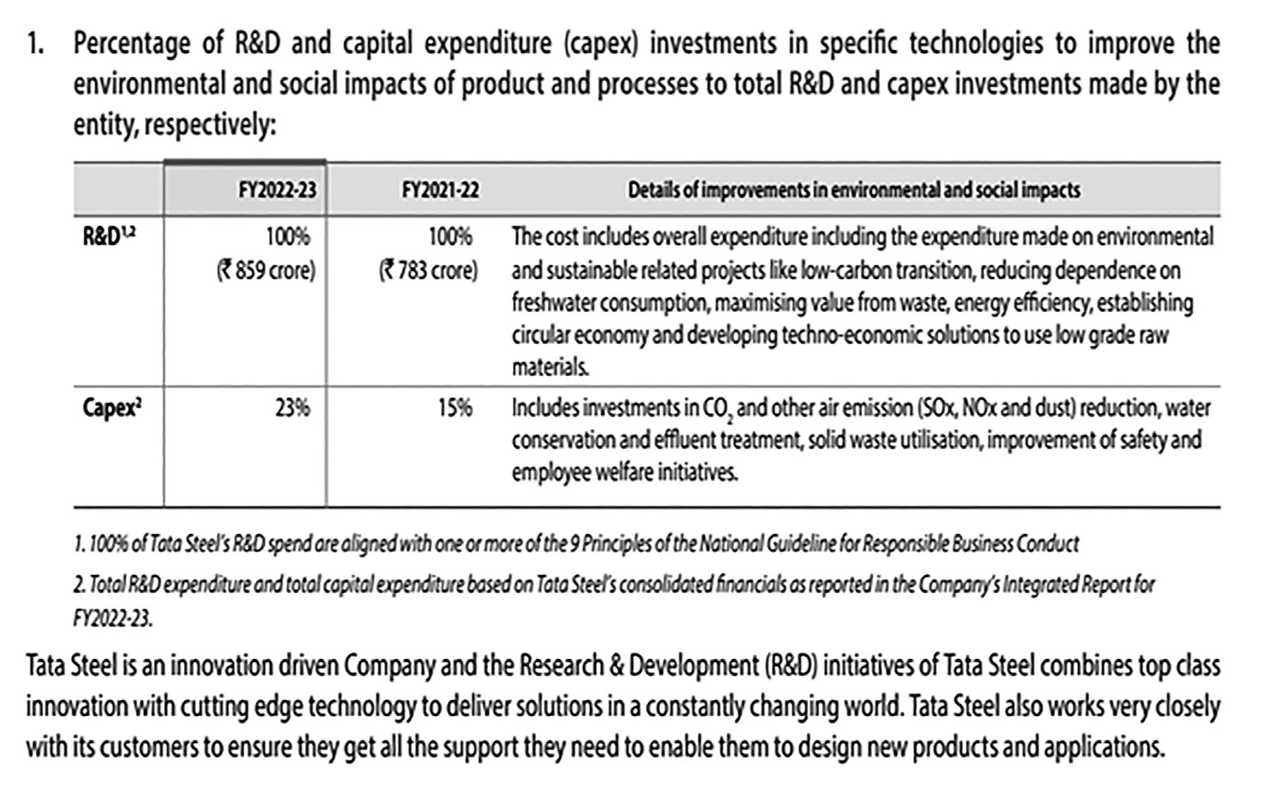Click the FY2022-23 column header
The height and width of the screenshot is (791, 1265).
[x=276, y=190]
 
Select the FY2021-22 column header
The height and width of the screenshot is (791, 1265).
[x=440, y=190]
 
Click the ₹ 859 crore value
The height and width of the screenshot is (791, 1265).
[x=266, y=270]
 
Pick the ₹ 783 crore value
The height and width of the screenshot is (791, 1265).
[x=428, y=270]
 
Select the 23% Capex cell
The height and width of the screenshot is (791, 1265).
[x=292, y=408]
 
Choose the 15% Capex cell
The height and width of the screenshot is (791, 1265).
[x=454, y=408]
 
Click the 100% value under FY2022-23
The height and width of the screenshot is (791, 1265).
[x=288, y=236]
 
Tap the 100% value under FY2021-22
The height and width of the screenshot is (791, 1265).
[x=450, y=236]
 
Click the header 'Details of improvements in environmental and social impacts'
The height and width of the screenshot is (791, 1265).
[x=854, y=190]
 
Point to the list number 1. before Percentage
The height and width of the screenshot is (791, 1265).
[x=35, y=44]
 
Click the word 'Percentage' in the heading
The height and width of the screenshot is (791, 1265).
[x=131, y=44]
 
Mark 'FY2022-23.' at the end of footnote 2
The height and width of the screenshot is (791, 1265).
[x=112, y=618]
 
